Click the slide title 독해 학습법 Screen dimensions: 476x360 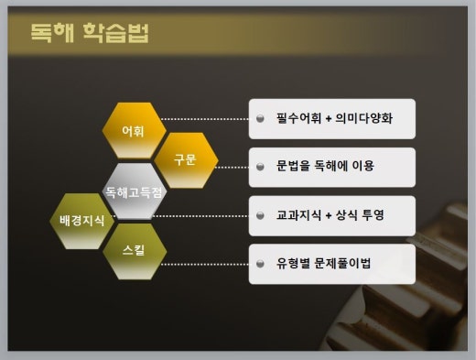90,35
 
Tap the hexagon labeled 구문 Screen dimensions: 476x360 185,159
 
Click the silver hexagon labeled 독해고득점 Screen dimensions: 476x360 134,192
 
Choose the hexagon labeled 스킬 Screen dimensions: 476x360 134,249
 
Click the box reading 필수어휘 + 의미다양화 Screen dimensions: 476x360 331,118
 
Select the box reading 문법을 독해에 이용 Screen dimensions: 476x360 331,167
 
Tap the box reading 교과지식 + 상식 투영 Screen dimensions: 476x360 331,215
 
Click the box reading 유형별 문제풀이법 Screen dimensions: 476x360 331,264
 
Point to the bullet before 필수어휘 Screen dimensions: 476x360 260,119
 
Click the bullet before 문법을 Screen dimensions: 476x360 260,168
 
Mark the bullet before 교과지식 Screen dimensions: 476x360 260,216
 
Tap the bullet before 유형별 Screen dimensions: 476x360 260,265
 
